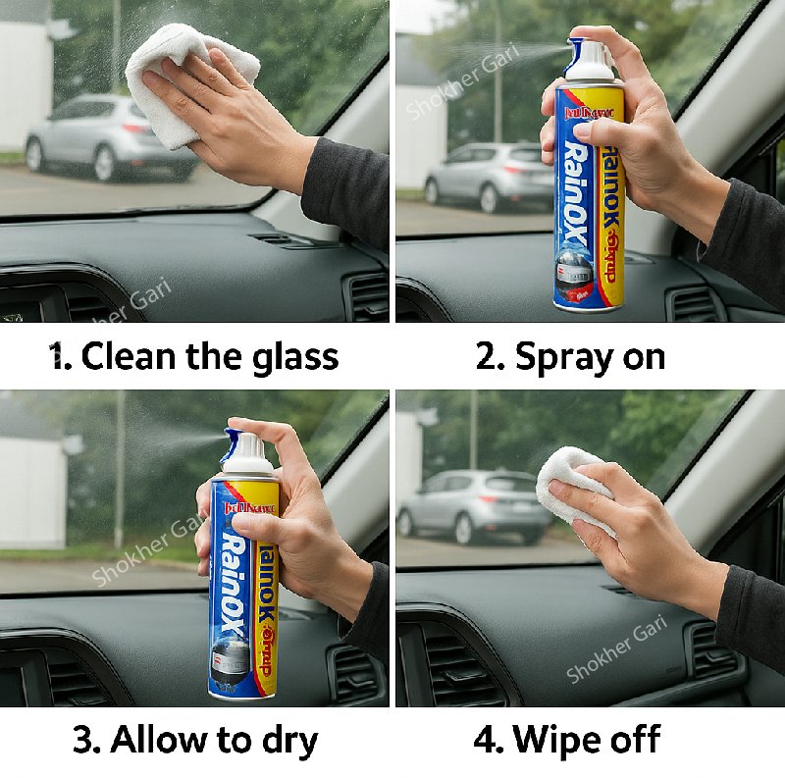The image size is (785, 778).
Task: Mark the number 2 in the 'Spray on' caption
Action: click(x=488, y=356)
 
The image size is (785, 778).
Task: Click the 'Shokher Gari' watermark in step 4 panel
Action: click(x=616, y=652)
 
